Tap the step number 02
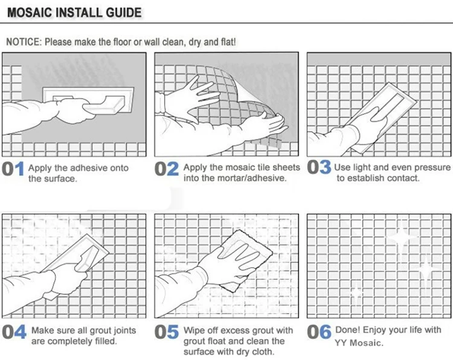tap(167, 170)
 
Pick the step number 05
tap(167, 333)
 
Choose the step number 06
tap(319, 333)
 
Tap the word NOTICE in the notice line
tap(24, 42)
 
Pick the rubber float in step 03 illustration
tap(377, 109)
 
